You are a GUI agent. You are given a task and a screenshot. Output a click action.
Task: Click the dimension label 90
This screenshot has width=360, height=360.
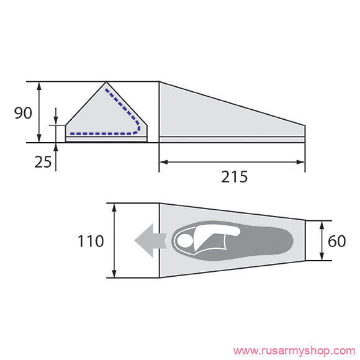point(23,113)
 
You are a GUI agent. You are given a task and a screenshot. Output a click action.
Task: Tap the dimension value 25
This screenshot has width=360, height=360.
point(43,162)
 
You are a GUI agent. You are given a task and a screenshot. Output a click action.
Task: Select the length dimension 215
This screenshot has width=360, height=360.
point(235,176)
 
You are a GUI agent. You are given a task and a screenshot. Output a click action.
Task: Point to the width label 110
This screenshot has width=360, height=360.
point(91,241)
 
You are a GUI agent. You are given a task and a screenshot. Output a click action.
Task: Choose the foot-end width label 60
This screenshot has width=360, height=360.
point(337,241)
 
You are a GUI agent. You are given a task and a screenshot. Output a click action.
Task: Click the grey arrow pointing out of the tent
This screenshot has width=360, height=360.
point(150,240)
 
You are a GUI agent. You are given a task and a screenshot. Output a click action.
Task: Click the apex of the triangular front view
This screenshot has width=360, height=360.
point(106,82)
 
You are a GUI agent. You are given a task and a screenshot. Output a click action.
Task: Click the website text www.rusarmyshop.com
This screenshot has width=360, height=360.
point(294,351)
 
